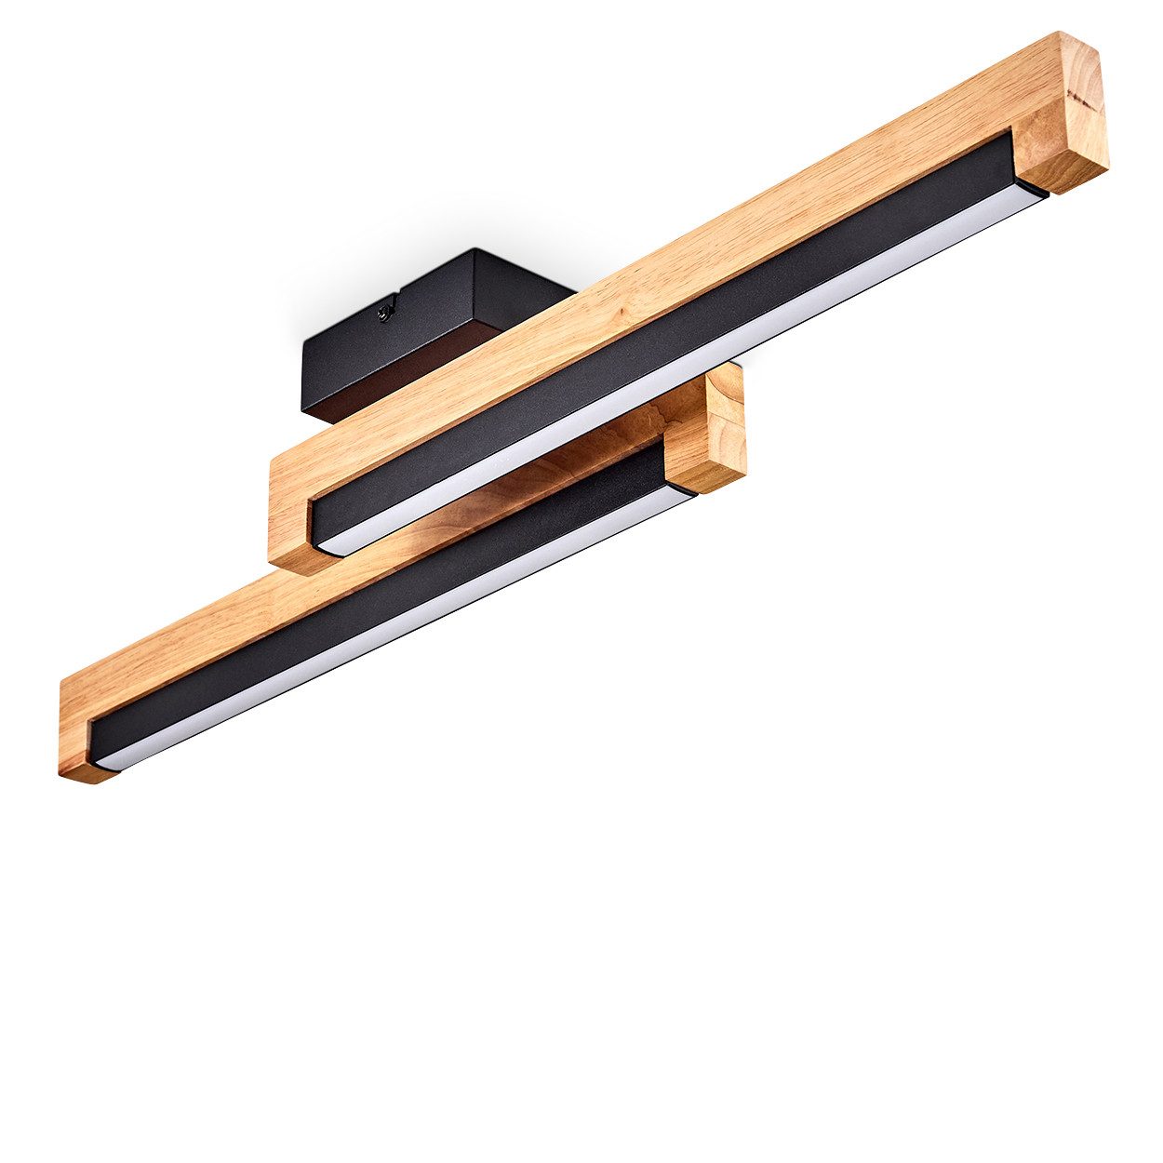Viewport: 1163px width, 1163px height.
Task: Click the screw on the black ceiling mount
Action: click(384, 314)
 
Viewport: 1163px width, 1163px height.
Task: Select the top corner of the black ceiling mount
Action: click(475, 250)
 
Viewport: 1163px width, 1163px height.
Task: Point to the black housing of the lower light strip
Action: click(372, 605)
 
